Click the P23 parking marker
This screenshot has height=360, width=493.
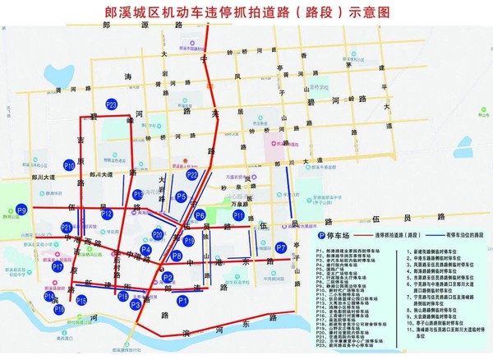(x=112, y=104)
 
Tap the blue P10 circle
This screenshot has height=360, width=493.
(x=70, y=166)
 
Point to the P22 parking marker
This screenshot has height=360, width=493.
(x=192, y=174)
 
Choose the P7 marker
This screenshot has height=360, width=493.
(x=281, y=247)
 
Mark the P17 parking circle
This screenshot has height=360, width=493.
(x=58, y=267)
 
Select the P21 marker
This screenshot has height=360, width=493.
(x=67, y=227)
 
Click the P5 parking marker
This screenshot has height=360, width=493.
(x=181, y=196)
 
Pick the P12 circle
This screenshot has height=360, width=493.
(x=107, y=215)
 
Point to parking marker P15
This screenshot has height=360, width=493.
(x=81, y=301)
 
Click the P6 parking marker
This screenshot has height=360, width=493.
(x=200, y=215)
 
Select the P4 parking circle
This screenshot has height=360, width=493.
(x=145, y=250)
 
